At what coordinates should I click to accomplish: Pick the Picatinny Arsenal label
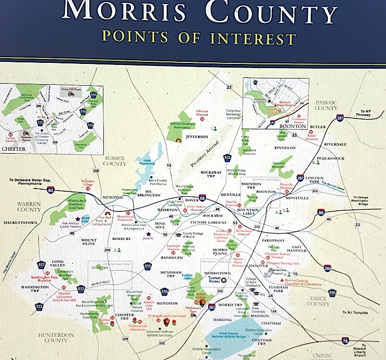point(203,156)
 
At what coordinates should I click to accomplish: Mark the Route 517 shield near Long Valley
point(42,265)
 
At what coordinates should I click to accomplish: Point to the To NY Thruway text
point(367,114)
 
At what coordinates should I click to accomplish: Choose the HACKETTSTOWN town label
point(22,221)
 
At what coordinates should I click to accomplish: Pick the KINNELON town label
point(285,148)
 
